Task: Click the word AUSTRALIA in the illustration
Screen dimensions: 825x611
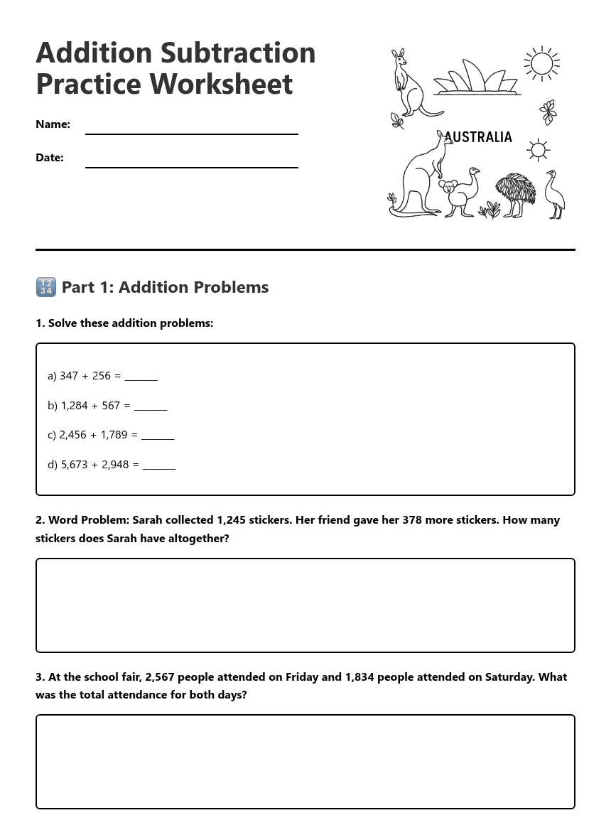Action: click(x=478, y=137)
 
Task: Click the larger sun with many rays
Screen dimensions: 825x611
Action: click(x=541, y=64)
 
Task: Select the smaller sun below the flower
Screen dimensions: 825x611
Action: click(x=538, y=150)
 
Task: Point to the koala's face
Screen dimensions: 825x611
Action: click(x=448, y=188)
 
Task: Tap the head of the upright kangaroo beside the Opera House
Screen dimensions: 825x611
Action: click(x=399, y=57)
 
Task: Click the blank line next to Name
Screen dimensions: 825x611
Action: click(x=191, y=128)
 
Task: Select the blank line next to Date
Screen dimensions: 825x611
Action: click(x=191, y=161)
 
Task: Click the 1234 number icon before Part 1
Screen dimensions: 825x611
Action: click(x=45, y=287)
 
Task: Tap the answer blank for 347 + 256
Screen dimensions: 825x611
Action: click(x=141, y=377)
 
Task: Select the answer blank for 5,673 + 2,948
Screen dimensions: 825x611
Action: click(x=159, y=465)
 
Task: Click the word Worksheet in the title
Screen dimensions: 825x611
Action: click(x=221, y=84)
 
